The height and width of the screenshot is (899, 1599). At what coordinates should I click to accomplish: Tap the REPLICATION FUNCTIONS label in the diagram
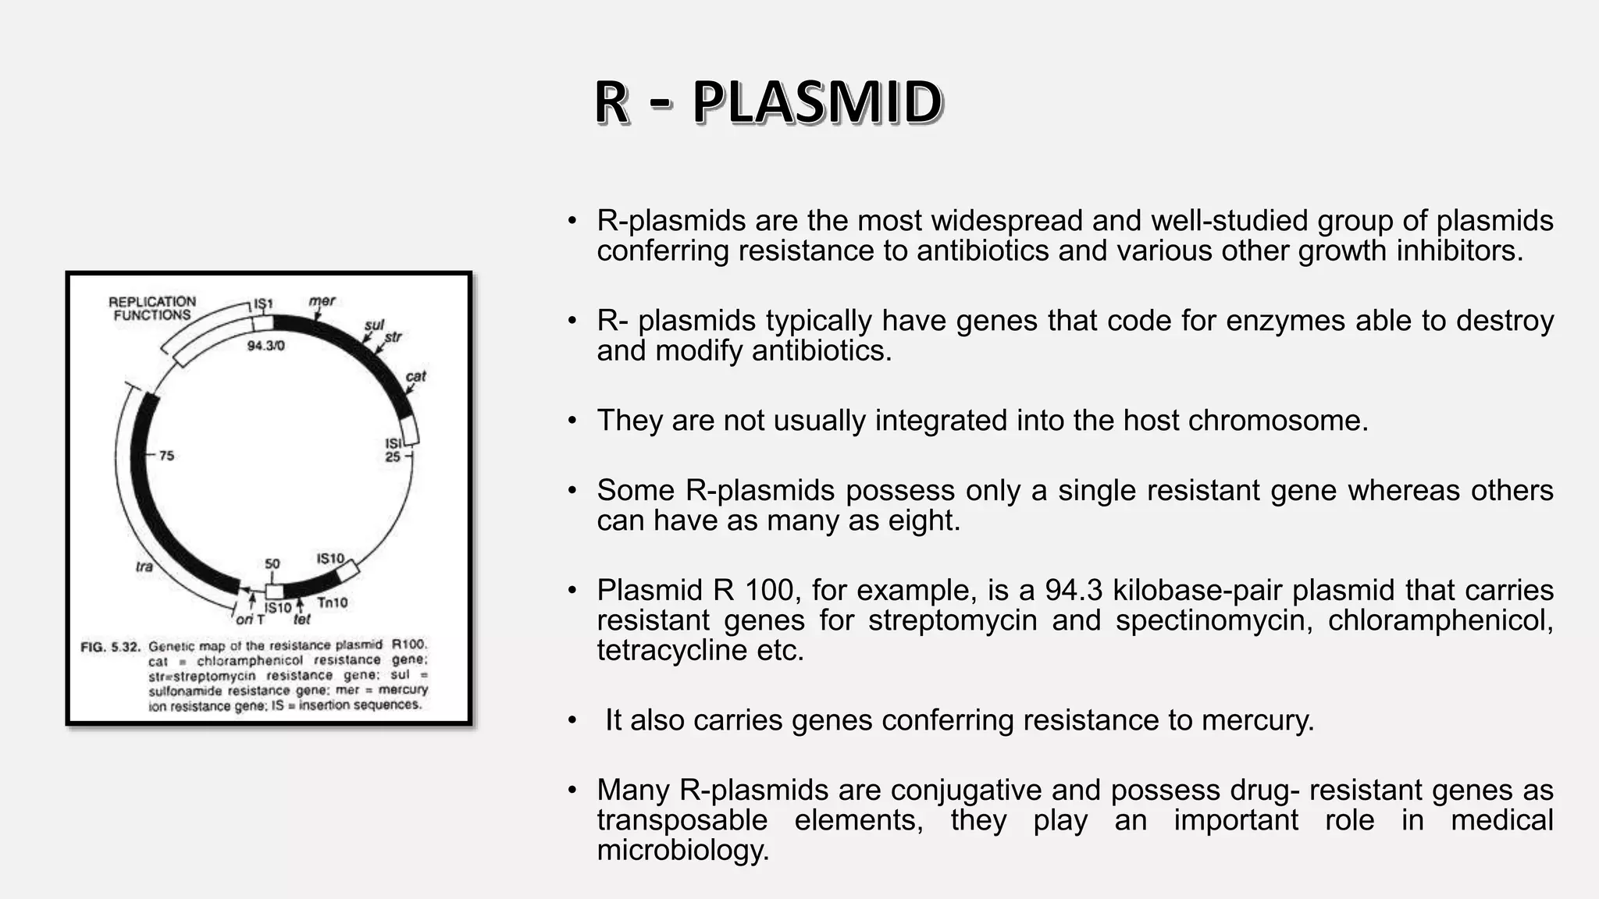pos(152,308)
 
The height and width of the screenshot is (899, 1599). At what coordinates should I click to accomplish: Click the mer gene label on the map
pos(322,301)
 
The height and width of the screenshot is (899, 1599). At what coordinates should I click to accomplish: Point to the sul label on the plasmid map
pos(374,325)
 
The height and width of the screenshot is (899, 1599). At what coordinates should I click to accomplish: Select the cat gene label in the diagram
pos(415,376)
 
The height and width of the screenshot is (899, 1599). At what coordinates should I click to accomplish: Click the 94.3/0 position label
pos(265,346)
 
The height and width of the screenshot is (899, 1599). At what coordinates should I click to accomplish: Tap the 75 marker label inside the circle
pos(166,456)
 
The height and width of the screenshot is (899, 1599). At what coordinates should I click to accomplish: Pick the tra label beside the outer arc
pos(144,566)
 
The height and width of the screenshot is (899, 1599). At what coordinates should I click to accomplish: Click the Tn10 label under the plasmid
pos(333,602)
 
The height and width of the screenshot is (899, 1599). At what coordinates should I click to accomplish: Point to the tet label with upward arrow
pos(301,619)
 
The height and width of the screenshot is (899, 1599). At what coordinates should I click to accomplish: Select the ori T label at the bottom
pos(251,619)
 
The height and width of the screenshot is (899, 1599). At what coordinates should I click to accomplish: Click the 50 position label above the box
pos(272,563)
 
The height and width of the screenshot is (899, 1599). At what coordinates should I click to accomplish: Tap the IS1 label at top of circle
pos(263,304)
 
